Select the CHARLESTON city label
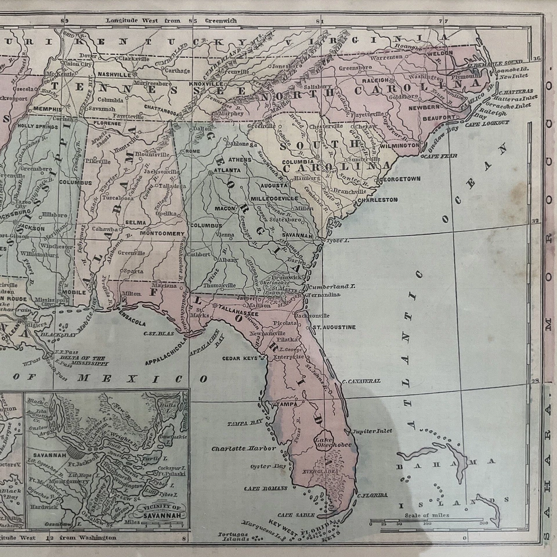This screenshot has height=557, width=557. pyautogui.click(x=377, y=200)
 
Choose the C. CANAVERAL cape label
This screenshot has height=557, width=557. pyautogui.click(x=361, y=381)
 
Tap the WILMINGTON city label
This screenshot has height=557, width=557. pyautogui.click(x=401, y=146)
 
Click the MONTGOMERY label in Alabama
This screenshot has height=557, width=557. pyautogui.click(x=162, y=234)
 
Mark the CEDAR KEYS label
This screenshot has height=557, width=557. pyautogui.click(x=239, y=359)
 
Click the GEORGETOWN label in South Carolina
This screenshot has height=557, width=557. pyautogui.click(x=400, y=179)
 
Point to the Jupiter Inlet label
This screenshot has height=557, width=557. pyautogui.click(x=372, y=431)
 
